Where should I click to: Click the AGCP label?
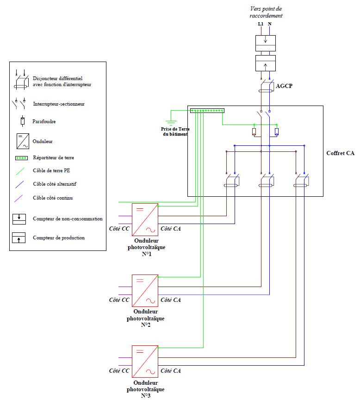pos(284,87)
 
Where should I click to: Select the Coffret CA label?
pos(340,153)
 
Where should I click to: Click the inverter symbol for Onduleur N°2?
pos(145,290)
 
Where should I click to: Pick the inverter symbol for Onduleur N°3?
pos(145,362)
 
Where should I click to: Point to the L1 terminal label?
pos(260,24)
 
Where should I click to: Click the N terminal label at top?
pos(270,24)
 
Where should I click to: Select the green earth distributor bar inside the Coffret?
pos(208,111)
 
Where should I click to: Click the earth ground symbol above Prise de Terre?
pos(172,123)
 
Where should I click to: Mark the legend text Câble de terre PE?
pos(52,170)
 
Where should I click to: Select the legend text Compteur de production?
pos(59,238)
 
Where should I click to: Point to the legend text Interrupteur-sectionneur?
pos(59,104)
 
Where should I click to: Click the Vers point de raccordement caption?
pos(266,12)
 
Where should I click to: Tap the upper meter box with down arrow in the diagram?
pos(266,43)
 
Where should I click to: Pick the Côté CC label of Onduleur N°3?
pos(119,371)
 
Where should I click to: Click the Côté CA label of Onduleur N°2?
pos(171,300)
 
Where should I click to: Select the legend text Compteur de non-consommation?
pos(68,219)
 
